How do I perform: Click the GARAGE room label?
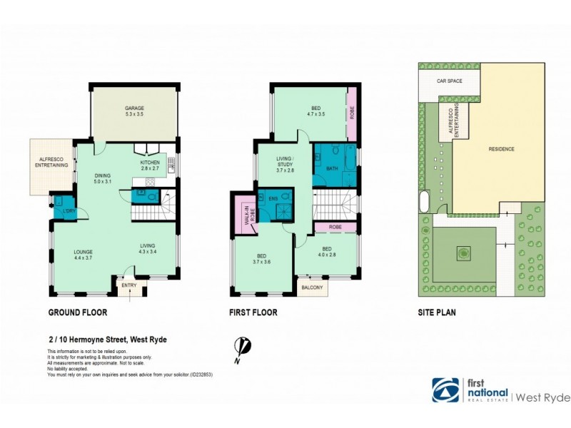click(134, 111)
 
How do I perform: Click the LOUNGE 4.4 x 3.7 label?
click(84, 255)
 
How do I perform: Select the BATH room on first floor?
click(332, 168)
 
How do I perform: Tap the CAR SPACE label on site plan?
click(450, 81)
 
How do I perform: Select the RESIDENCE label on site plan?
click(501, 149)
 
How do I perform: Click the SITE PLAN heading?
click(437, 312)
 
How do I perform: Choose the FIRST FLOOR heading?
click(253, 312)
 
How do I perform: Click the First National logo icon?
click(446, 390)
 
